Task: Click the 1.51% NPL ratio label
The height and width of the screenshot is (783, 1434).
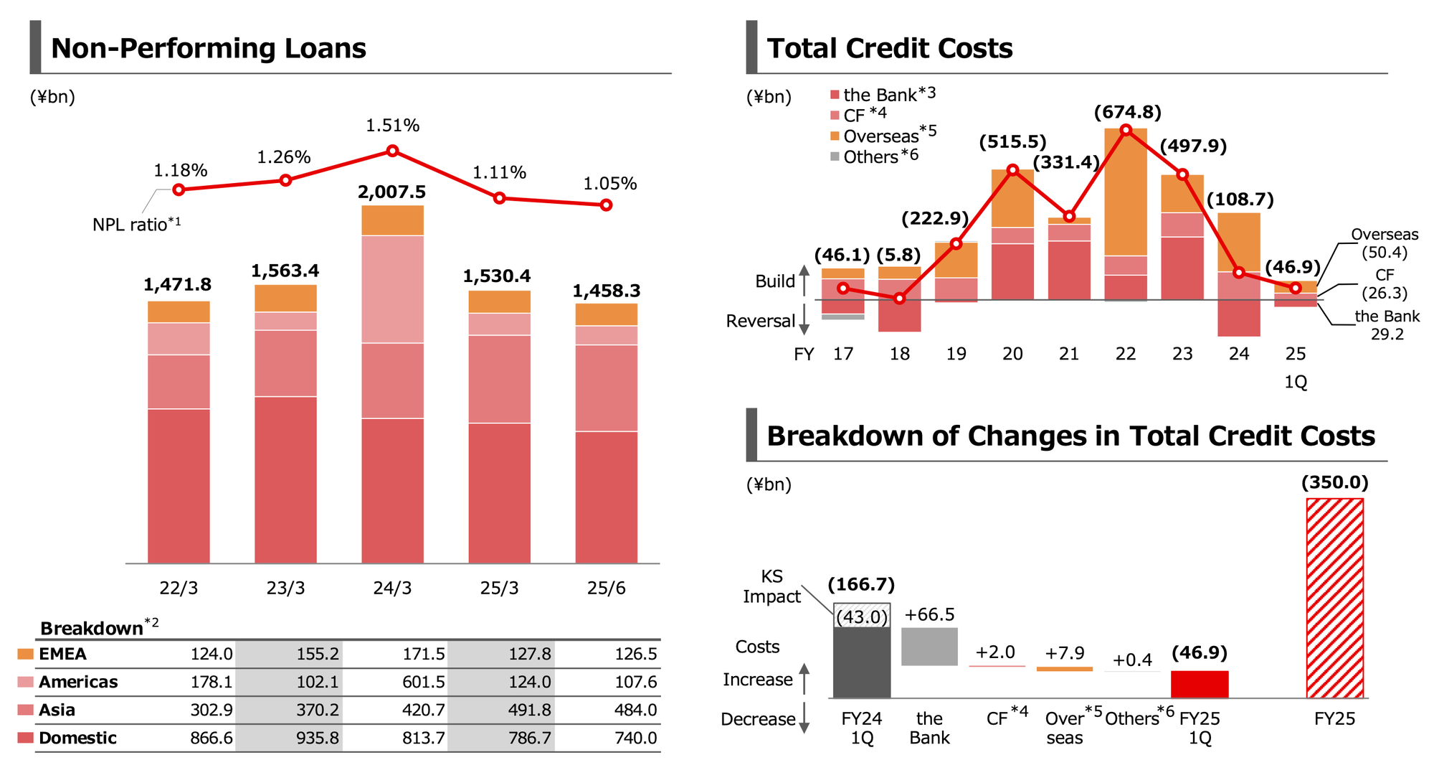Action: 392,126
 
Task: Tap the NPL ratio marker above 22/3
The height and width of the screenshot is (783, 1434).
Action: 179,189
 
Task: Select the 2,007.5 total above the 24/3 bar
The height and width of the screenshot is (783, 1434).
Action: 391,192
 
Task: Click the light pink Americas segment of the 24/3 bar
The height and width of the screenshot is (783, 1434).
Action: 392,289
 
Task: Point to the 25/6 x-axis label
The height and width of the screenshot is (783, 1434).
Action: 606,589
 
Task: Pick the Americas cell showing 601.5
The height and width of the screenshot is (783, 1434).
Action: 423,682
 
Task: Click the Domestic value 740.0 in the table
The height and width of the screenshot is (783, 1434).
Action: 635,738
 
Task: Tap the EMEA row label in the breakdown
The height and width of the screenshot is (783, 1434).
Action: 62,654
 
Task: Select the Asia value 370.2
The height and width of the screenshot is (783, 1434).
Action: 317,710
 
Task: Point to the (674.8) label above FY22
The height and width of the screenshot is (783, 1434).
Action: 1127,113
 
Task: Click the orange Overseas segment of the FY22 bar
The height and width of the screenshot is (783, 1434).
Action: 1126,192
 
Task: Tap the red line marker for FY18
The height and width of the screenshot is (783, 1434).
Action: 900,298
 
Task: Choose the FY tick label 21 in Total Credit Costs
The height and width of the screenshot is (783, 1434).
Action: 1068,354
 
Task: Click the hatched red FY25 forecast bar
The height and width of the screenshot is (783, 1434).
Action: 1334,598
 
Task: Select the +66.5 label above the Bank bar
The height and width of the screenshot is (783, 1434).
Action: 929,615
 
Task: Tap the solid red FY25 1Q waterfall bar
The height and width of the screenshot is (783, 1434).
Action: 1200,684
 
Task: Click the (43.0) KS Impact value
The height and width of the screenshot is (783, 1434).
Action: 862,616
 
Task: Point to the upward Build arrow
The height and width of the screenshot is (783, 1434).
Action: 804,280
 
